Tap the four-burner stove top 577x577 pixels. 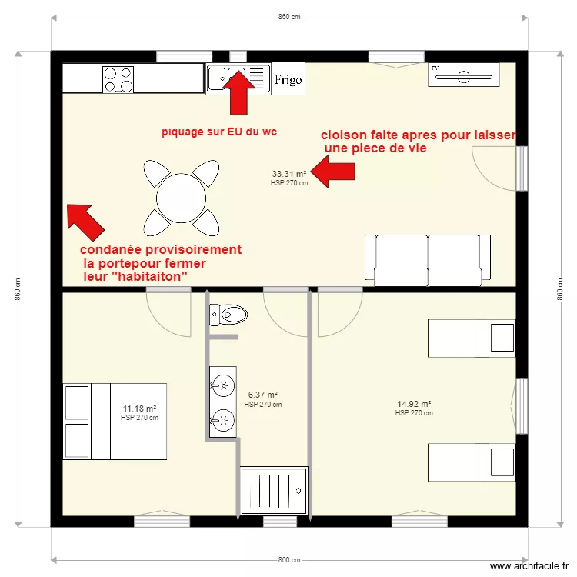(x=118, y=79)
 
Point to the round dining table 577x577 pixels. (x=181, y=198)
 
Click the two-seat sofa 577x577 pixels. (x=427, y=257)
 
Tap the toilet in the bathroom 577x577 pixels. (x=229, y=314)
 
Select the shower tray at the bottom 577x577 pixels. (x=275, y=491)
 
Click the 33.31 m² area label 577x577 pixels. (x=289, y=174)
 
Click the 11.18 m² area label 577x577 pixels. (x=139, y=409)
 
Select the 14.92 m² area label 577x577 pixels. (x=414, y=404)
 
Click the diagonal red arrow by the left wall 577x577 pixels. (x=85, y=221)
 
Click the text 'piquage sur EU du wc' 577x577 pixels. (x=218, y=132)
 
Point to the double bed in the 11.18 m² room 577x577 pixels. (x=115, y=420)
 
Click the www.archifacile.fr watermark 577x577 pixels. (x=526, y=565)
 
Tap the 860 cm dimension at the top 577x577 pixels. (x=289, y=17)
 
